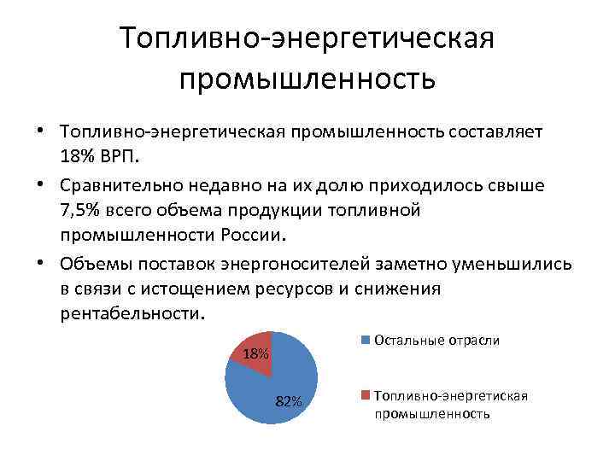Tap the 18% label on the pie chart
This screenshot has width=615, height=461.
pyautogui.click(x=255, y=354)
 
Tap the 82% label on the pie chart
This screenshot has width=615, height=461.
pyautogui.click(x=289, y=402)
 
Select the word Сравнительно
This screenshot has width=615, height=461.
pyautogui.click(x=120, y=184)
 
